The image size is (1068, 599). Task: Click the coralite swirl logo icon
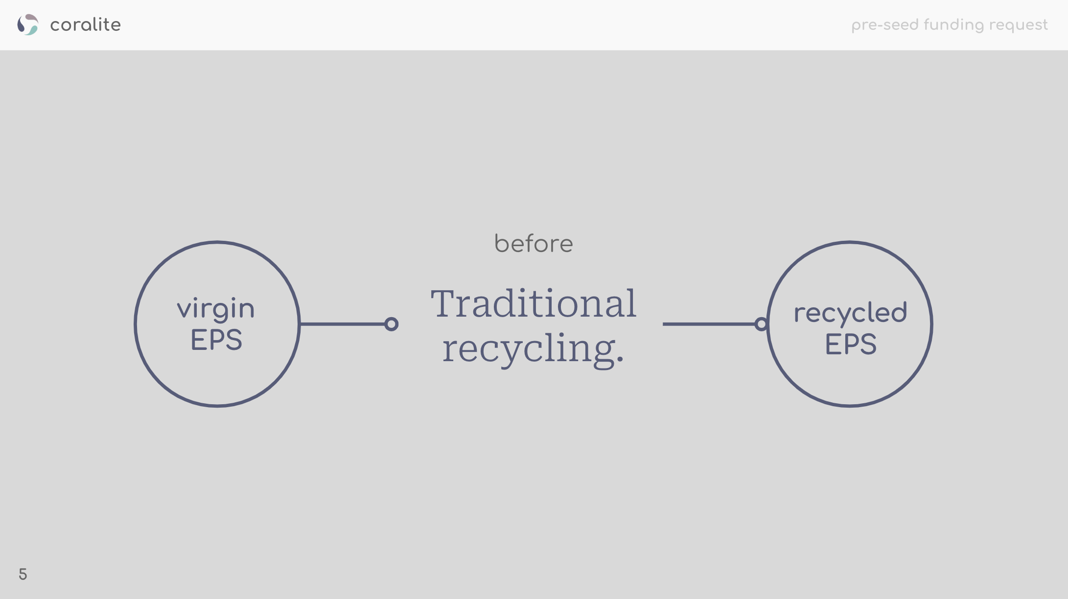[x=27, y=24]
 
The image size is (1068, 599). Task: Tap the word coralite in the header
[x=85, y=25]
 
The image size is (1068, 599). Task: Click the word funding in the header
[x=953, y=25]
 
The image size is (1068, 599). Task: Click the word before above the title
[x=534, y=244]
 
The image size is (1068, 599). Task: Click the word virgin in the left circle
[x=216, y=309]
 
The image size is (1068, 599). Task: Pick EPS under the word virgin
[x=216, y=340]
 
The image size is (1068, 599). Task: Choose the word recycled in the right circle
[x=850, y=313]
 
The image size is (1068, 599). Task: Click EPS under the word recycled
[x=851, y=344]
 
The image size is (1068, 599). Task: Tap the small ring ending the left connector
[x=392, y=324]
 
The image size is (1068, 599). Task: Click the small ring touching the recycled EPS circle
[x=761, y=324]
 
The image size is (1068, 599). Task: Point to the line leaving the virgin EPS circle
[x=343, y=324]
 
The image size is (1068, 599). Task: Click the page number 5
[x=23, y=574]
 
